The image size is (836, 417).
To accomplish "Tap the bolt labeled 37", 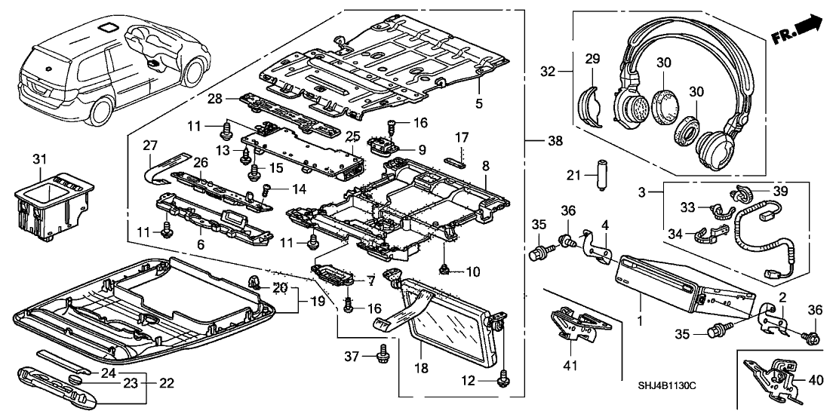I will [x=383, y=353].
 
